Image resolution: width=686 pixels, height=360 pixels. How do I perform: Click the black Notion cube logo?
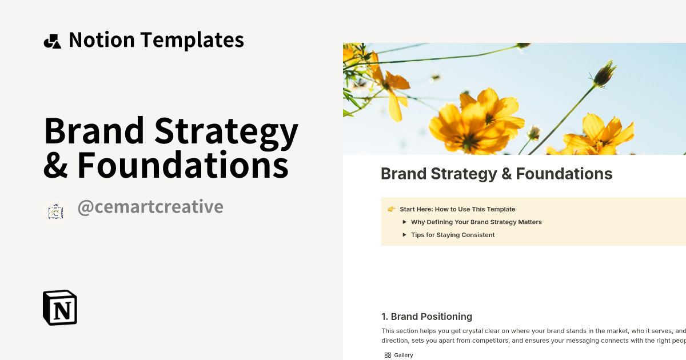[60, 307]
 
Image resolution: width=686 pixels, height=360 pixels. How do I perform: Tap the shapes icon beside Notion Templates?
[52, 41]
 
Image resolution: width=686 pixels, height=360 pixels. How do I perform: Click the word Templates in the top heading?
[192, 40]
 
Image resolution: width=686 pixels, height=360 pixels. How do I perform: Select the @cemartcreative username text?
[150, 207]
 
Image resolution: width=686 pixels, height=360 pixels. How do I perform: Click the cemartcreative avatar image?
[55, 212]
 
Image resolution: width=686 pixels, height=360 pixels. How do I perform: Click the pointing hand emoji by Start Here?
[392, 209]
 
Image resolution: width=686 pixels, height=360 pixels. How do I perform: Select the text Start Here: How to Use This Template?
[457, 209]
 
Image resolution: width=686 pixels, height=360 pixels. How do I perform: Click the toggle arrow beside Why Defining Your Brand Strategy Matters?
[405, 222]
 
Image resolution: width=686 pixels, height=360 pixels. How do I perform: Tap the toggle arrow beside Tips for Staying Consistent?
[405, 235]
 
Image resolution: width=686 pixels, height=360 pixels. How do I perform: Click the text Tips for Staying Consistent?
[453, 235]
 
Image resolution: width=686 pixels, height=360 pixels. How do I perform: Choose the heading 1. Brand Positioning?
[426, 317]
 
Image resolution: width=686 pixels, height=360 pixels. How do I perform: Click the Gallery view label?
[404, 355]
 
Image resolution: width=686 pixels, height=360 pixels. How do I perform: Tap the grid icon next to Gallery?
[388, 355]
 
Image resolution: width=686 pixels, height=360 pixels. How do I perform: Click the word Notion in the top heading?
[102, 40]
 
